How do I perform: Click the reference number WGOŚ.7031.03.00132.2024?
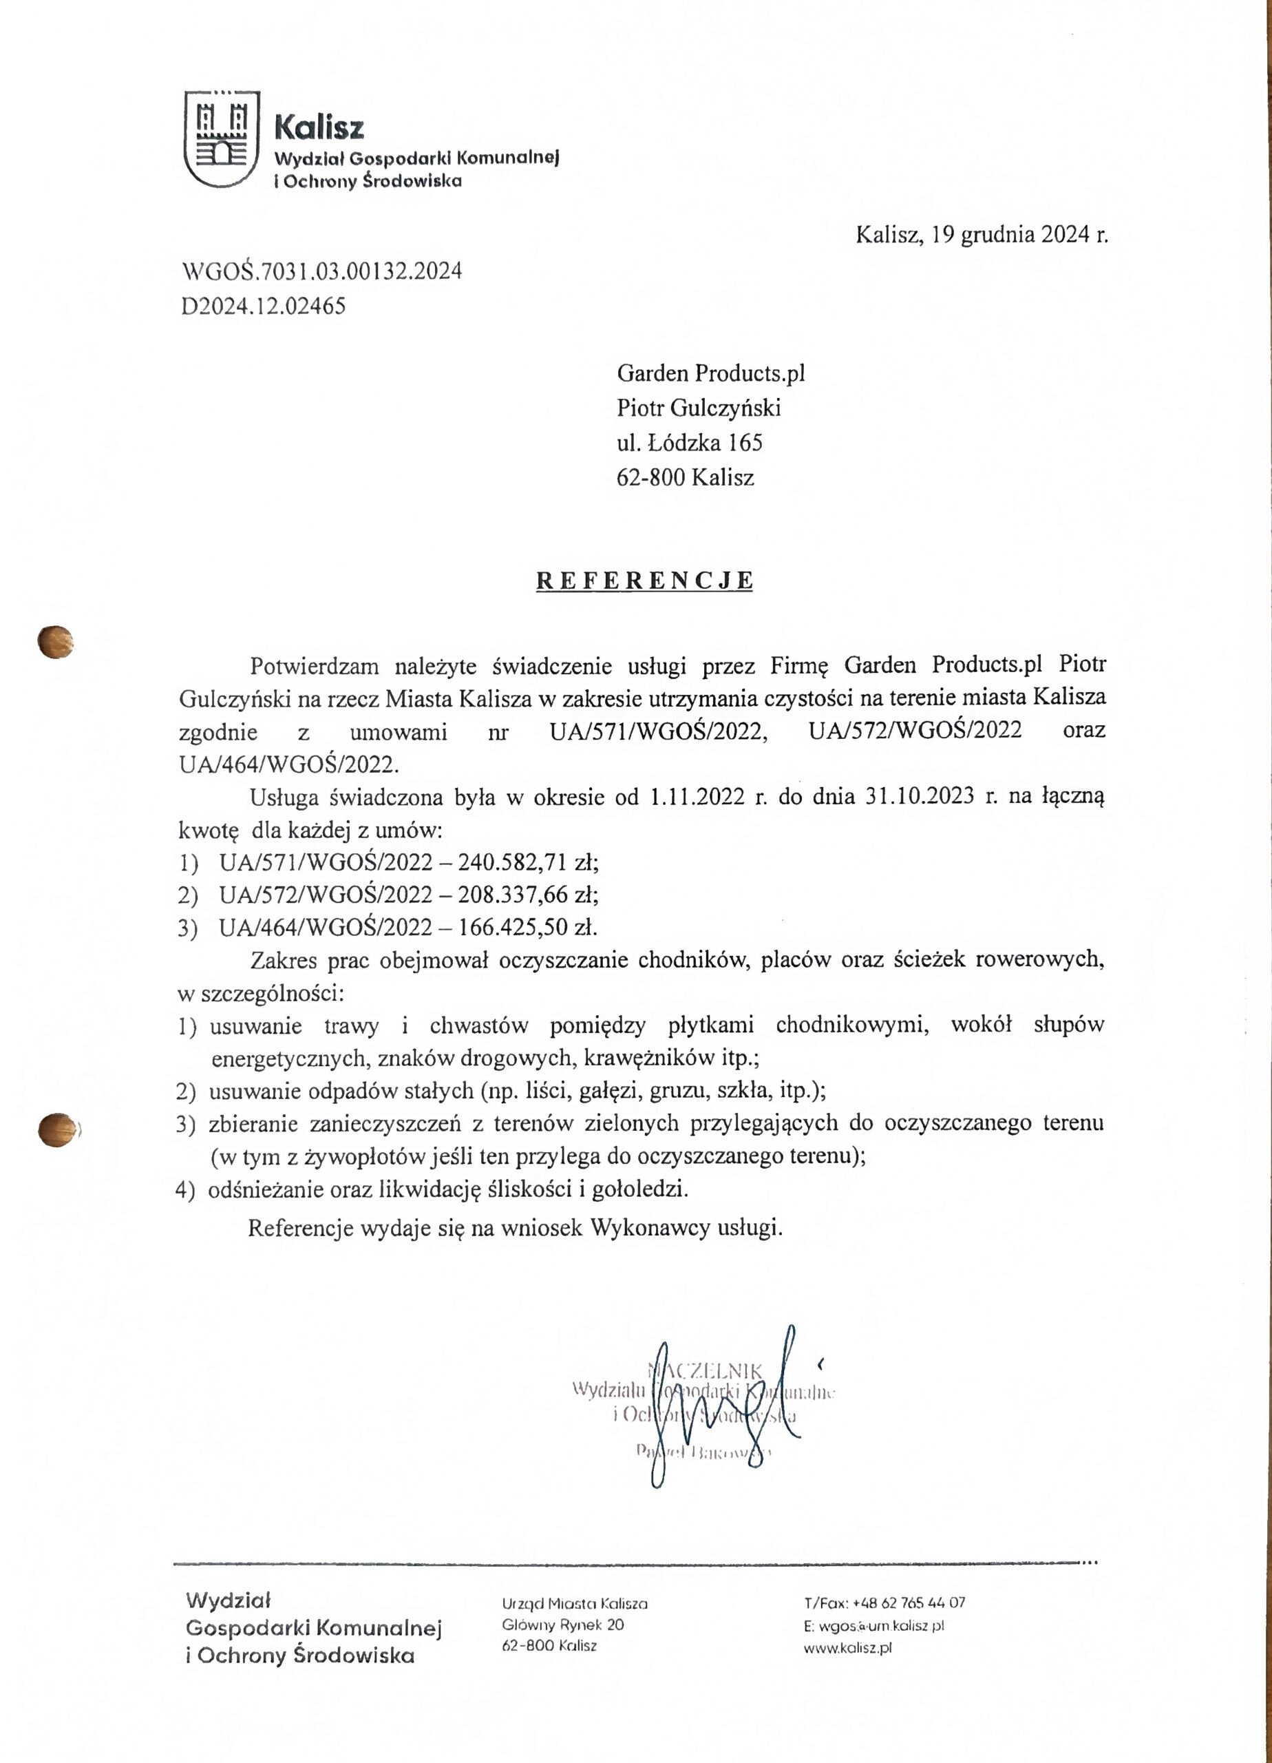(321, 271)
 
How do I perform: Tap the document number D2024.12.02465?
(263, 306)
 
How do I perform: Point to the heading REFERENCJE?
(644, 581)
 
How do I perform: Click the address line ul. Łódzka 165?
(689, 443)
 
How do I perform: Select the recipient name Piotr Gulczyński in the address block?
(699, 408)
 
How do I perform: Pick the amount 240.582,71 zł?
(529, 862)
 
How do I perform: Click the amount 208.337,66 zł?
(529, 895)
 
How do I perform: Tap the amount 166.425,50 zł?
(528, 928)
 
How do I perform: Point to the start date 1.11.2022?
(697, 797)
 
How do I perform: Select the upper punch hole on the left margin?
(56, 643)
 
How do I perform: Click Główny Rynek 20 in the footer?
(562, 1625)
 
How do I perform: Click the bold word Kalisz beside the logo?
(319, 127)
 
